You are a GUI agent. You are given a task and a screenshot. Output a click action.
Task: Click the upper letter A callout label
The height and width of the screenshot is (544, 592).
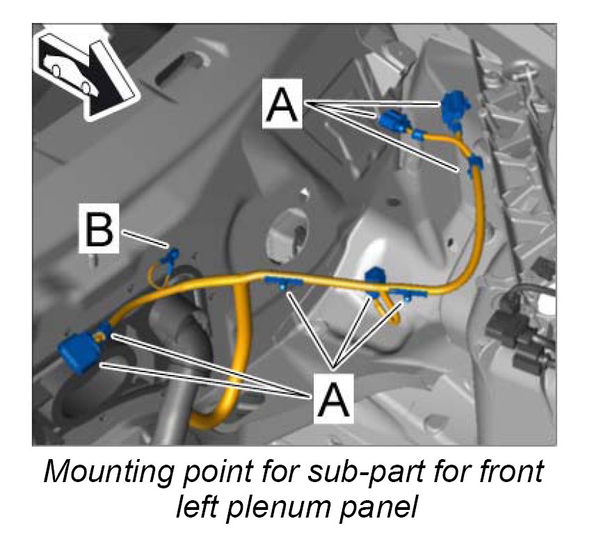click(282, 103)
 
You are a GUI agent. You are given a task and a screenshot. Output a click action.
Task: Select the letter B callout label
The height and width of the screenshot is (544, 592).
click(99, 230)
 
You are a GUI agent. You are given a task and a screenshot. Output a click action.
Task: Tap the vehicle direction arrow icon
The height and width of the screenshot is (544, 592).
click(83, 74)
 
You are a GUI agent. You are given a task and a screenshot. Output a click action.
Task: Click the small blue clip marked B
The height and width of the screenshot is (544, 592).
click(168, 257)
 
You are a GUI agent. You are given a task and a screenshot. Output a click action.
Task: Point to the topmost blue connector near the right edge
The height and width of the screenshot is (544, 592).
click(455, 106)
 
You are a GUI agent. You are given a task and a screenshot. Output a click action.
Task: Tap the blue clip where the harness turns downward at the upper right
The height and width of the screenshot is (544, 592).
click(476, 164)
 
